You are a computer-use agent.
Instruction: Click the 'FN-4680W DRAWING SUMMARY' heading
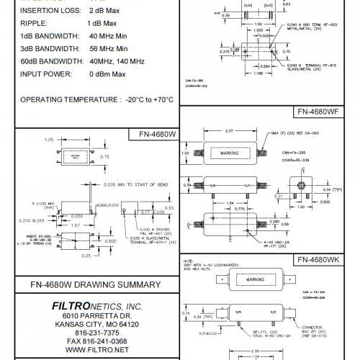click(x=89, y=284)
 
